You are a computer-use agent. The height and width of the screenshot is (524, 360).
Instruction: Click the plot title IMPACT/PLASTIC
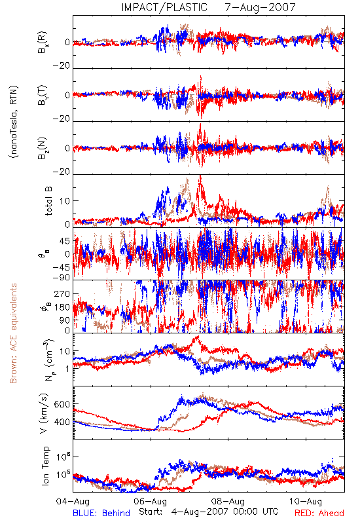click(x=164, y=7)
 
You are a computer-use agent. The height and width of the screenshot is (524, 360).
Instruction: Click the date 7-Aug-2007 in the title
click(x=260, y=7)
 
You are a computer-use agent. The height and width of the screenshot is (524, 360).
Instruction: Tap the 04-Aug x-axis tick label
click(x=73, y=501)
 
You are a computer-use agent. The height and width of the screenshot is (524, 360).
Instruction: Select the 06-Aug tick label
click(x=151, y=501)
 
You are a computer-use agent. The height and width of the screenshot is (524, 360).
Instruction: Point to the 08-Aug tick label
click(x=228, y=501)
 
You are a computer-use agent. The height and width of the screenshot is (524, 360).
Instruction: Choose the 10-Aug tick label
click(x=306, y=501)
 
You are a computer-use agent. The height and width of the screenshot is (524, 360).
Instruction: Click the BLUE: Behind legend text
click(x=101, y=513)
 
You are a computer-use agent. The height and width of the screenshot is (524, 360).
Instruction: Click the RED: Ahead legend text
click(x=319, y=513)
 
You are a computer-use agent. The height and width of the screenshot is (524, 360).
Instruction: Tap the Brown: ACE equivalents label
click(x=13, y=333)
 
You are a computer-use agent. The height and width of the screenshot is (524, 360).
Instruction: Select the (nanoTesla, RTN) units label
click(x=14, y=122)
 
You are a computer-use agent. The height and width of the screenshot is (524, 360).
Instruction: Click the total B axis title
click(x=48, y=201)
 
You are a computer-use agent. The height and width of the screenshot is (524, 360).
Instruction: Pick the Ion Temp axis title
click(x=45, y=466)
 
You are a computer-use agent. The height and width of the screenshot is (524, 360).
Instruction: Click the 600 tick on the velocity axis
click(x=62, y=404)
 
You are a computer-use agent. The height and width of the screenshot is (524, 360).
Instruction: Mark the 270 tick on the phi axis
click(x=62, y=293)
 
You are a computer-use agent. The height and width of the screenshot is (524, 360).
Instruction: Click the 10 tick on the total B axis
click(x=65, y=201)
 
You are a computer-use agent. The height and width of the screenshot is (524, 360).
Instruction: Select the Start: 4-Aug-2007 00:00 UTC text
click(x=209, y=512)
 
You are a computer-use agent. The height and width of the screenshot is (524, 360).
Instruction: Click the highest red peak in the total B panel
click(x=200, y=176)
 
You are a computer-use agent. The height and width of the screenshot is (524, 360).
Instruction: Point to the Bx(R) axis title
click(x=43, y=43)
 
